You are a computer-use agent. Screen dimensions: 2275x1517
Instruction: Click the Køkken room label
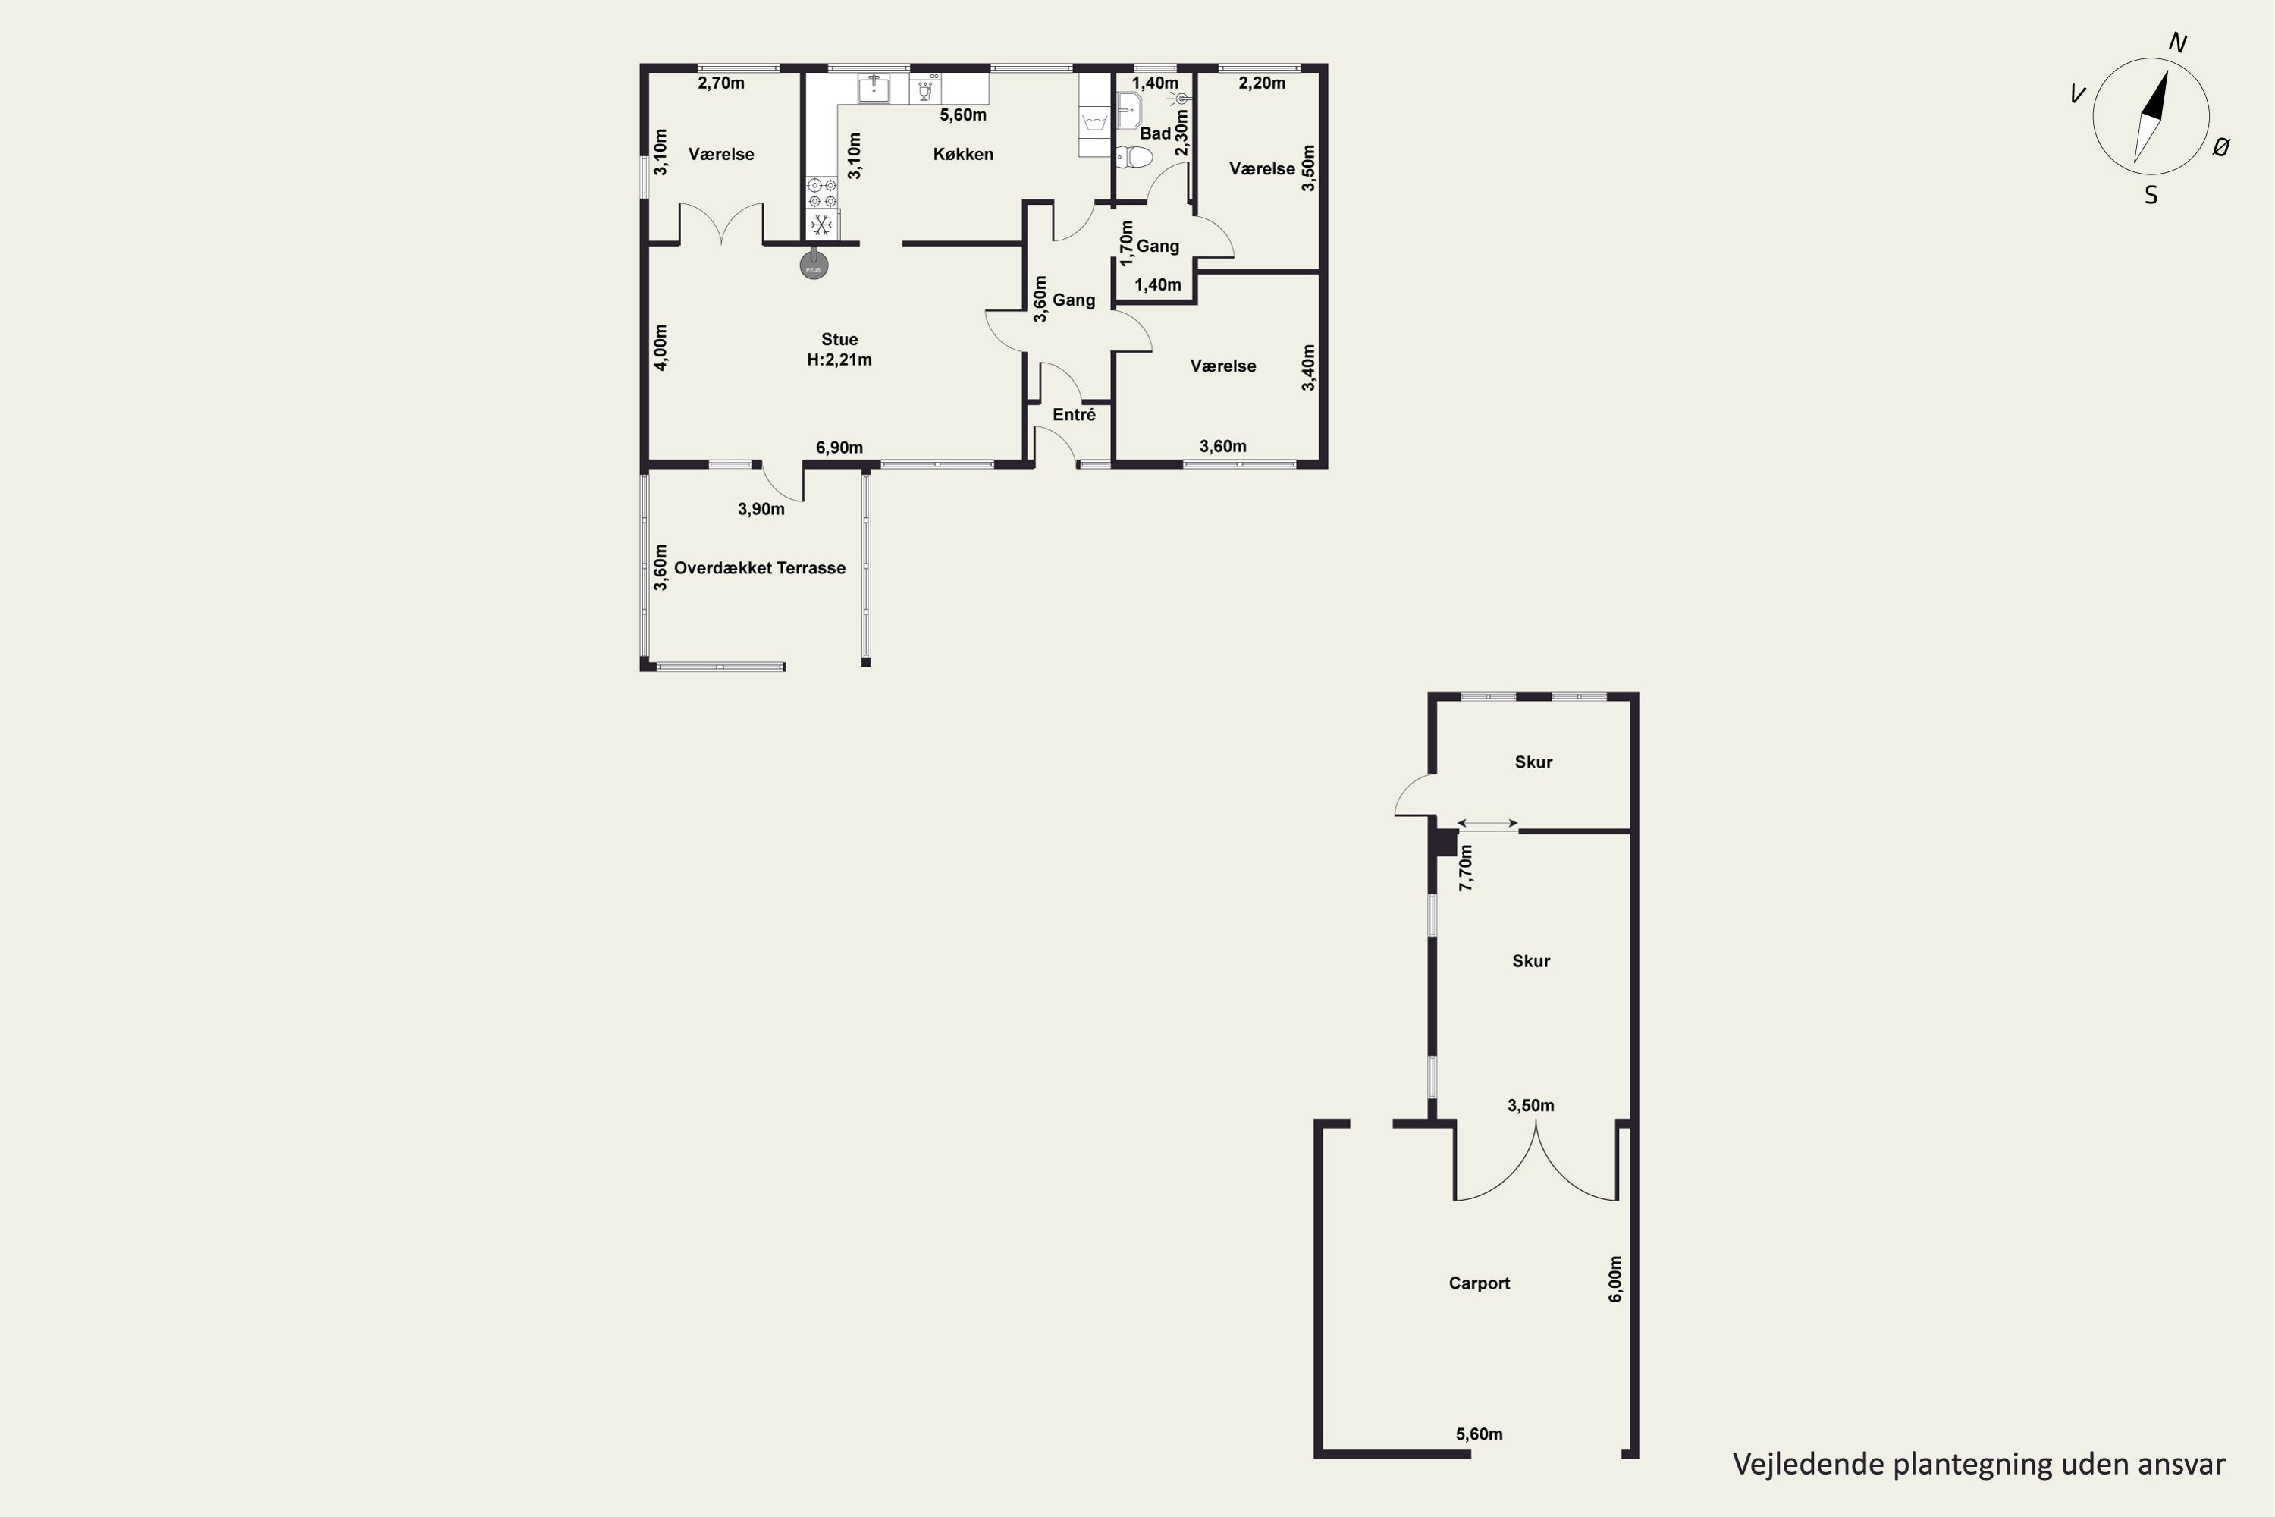(962, 154)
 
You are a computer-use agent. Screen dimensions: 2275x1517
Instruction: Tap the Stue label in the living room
(839, 340)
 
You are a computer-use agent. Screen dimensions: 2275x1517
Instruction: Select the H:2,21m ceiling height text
(839, 360)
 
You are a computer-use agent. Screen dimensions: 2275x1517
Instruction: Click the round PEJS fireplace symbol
(814, 265)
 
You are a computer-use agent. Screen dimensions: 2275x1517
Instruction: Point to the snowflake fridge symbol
(822, 225)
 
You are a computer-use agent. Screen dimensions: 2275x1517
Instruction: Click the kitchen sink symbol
(874, 88)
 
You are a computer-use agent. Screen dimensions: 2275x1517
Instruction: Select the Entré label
(1074, 415)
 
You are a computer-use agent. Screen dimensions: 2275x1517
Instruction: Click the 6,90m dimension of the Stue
(839, 448)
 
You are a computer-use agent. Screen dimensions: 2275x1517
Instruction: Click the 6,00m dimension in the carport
(1615, 1279)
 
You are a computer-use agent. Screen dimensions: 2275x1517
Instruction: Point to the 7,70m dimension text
(1467, 868)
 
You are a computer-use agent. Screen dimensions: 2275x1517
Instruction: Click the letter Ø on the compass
(2222, 147)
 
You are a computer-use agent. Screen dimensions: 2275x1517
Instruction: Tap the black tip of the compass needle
(2167, 71)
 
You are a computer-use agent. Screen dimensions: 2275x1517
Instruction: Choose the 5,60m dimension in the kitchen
(963, 115)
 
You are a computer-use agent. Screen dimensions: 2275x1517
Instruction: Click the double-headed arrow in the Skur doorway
(1488, 824)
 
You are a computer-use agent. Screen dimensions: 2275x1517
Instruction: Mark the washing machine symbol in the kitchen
(1095, 122)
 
